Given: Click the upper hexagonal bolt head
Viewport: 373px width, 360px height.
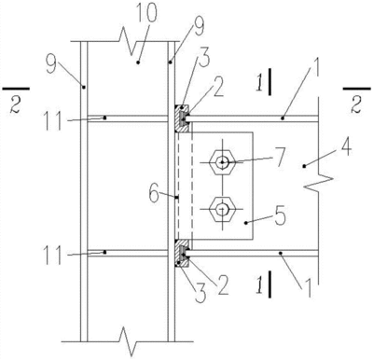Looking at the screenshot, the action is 222,162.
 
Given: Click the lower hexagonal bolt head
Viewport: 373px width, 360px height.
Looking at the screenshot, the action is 222,209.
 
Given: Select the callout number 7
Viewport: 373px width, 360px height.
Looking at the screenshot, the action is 280,158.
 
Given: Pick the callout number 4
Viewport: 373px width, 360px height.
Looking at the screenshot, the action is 346,146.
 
